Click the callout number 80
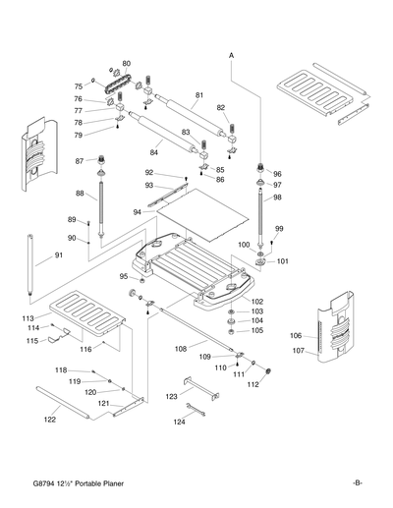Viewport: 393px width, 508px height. coord(126,64)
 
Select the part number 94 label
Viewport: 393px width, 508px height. coord(138,210)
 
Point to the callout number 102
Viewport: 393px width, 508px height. coord(257,301)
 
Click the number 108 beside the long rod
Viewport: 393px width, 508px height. coord(180,348)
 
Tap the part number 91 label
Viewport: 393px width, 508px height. coord(59,255)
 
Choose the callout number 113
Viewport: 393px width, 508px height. coord(29,318)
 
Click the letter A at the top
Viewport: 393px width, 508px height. coord(232,56)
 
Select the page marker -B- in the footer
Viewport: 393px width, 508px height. coord(358,481)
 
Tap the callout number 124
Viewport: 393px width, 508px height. coord(178,422)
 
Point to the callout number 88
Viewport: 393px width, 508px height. coord(81,194)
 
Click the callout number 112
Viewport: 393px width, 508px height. coord(253,384)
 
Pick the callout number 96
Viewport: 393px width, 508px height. coord(277,173)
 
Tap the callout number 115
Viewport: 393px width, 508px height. coord(32,340)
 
